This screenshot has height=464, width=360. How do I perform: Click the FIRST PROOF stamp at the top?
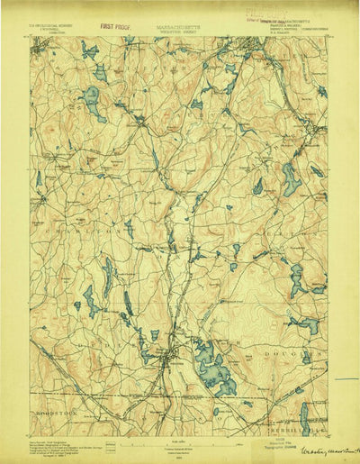[117, 29]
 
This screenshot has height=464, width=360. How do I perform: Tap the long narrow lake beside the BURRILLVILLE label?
[303, 416]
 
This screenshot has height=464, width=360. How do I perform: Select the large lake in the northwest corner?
[93, 102]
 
